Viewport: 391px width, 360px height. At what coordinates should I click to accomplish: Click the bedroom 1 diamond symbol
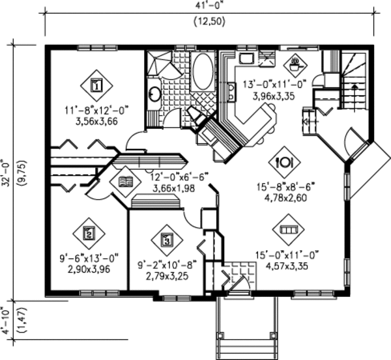96,86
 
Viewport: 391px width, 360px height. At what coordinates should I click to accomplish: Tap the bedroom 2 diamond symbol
89,234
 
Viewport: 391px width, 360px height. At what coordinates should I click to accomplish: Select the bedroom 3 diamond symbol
167,241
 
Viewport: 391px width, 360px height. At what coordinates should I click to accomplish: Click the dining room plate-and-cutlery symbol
285,163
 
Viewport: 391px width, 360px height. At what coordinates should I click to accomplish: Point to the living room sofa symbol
288,229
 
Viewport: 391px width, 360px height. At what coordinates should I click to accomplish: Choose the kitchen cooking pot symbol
295,66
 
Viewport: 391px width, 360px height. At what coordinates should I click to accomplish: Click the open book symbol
126,182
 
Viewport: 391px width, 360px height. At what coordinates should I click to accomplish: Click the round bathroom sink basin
155,94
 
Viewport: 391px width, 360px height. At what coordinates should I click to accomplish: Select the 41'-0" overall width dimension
209,5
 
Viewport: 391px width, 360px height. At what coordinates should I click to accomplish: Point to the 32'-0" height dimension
5,174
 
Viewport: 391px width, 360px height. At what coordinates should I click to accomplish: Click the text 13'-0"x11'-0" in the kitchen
274,85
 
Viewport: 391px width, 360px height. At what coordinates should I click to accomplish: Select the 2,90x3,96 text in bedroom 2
89,270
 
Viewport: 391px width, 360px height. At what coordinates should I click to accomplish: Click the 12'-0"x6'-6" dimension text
179,178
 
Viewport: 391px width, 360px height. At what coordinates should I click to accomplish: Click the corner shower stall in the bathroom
159,63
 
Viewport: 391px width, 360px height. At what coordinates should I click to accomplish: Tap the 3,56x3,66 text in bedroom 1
96,122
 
